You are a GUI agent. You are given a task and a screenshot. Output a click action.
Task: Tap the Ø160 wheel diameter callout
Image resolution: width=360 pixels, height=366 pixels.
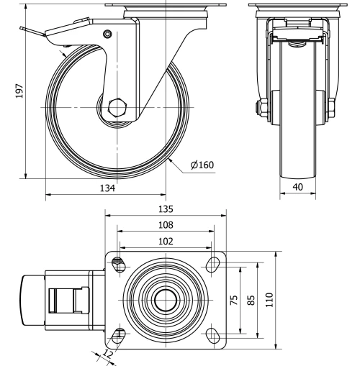click(x=202, y=165)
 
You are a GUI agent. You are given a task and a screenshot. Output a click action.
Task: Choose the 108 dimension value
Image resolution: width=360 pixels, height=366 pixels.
click(x=166, y=225)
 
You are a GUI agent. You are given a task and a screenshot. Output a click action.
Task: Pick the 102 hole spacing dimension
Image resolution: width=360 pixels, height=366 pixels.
click(x=166, y=242)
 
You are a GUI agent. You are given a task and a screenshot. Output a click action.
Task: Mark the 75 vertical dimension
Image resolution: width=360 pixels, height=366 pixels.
click(x=234, y=299)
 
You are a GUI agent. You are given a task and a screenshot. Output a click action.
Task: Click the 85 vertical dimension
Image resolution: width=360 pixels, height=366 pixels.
click(x=251, y=299)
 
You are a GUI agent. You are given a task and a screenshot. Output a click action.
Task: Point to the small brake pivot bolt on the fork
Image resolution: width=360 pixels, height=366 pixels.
click(x=107, y=34)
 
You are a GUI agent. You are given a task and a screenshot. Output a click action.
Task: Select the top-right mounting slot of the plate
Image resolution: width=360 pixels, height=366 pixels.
click(x=214, y=264)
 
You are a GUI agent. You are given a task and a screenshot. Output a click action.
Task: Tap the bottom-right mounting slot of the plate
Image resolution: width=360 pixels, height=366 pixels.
click(x=214, y=334)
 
